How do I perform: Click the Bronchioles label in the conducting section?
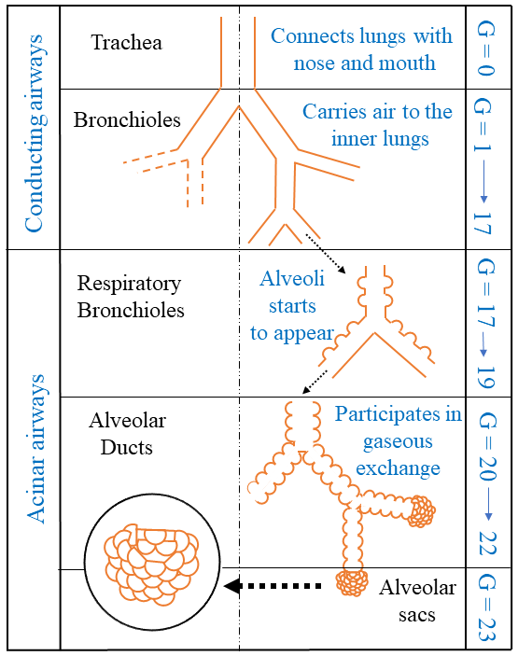tap(127, 120)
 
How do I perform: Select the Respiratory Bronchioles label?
tap(130, 296)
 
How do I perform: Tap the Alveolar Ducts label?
tap(129, 434)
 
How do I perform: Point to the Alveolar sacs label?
tap(417, 601)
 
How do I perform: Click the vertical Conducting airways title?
tap(35, 133)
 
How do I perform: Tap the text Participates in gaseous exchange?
tap(385, 440)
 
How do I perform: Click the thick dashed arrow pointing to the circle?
tap(277, 586)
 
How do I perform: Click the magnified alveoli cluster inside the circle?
tap(151, 568)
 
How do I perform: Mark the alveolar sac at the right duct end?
tap(424, 509)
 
